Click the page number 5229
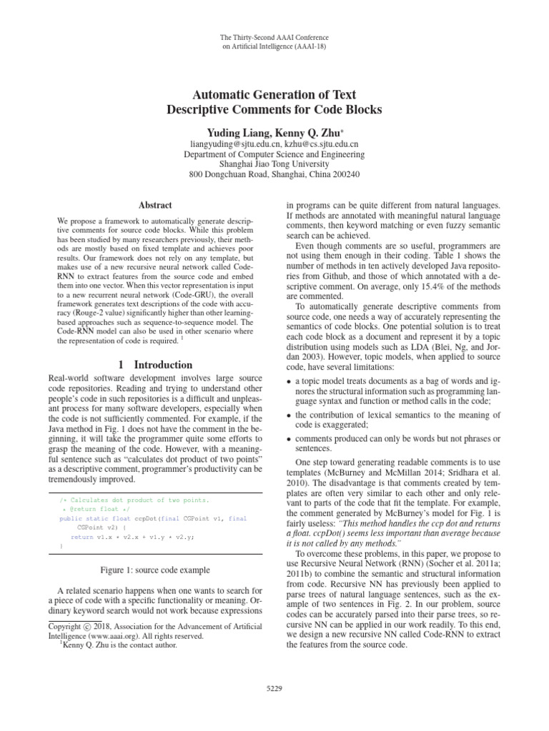click(274, 688)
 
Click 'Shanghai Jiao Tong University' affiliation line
click(274, 163)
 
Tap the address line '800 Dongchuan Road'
click(236, 174)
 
